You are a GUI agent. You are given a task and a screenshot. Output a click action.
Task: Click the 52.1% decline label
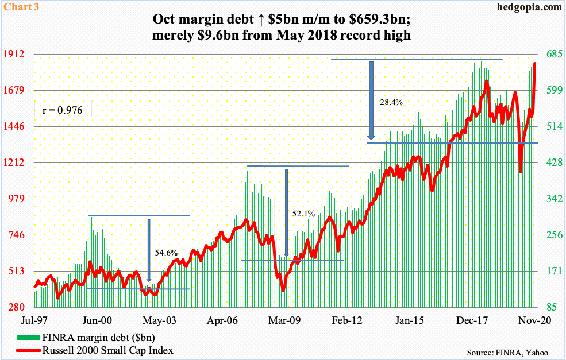[x=303, y=214]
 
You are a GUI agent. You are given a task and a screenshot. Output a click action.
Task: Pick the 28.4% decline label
[x=391, y=102]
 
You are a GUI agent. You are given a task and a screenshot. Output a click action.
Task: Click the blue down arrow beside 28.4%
[x=371, y=100]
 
